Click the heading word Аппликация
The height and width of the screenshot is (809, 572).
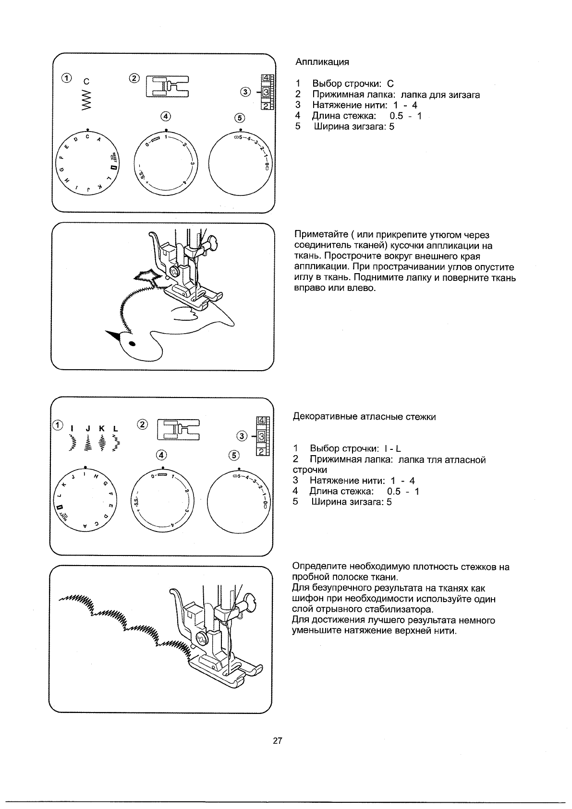click(322, 62)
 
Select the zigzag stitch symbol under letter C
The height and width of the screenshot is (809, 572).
click(86, 100)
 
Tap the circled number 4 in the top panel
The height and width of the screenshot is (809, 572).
click(166, 116)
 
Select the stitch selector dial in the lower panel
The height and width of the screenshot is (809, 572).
click(85, 500)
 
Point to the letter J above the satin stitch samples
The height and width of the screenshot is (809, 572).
click(88, 428)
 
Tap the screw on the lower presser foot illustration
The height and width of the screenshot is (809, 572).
click(202, 639)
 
